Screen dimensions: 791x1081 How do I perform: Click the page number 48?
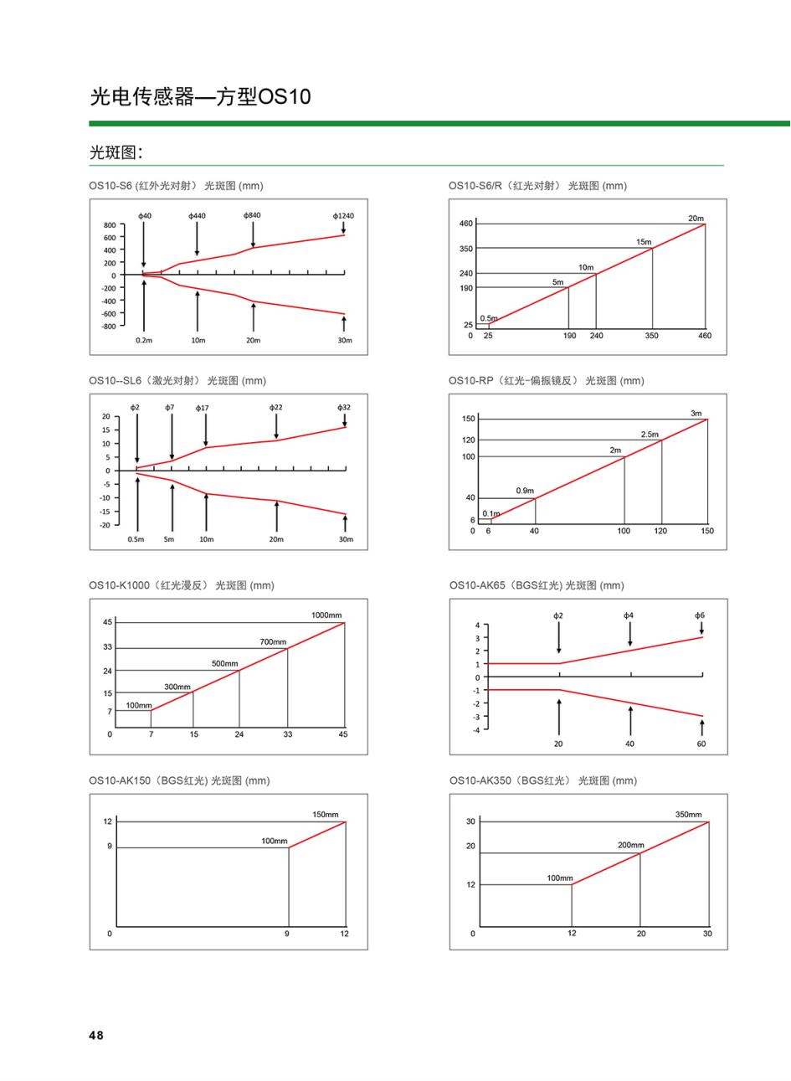pos(96,1035)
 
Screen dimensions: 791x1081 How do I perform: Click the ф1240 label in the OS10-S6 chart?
pos(343,216)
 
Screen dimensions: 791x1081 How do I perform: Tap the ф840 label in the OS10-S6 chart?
pos(252,215)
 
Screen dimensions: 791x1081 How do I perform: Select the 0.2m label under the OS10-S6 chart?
pos(144,340)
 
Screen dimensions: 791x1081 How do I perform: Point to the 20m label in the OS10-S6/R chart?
pos(696,219)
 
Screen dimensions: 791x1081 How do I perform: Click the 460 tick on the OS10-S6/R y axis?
pos(466,224)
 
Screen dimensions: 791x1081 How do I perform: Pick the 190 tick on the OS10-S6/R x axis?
pos(570,336)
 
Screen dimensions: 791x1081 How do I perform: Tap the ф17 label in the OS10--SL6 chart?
pos(202,409)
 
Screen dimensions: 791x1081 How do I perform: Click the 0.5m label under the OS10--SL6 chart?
pos(136,539)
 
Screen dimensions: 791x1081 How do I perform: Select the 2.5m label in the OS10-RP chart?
pos(650,435)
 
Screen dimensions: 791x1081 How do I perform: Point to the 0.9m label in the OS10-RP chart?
pos(525,491)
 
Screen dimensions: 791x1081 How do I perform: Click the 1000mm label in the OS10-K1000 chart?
pos(326,615)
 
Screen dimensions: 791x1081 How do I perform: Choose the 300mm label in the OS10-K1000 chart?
pos(177,687)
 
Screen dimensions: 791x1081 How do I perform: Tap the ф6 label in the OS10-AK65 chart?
pos(700,615)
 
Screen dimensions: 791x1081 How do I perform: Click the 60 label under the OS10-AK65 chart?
pos(701,744)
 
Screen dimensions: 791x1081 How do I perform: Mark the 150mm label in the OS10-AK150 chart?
pos(325,815)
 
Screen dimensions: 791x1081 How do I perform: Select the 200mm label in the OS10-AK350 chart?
pos(631,845)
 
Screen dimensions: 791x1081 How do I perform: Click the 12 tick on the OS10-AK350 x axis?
pos(572,933)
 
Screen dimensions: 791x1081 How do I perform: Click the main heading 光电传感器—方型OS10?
pos(200,96)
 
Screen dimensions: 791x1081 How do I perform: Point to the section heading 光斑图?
pos(116,152)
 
